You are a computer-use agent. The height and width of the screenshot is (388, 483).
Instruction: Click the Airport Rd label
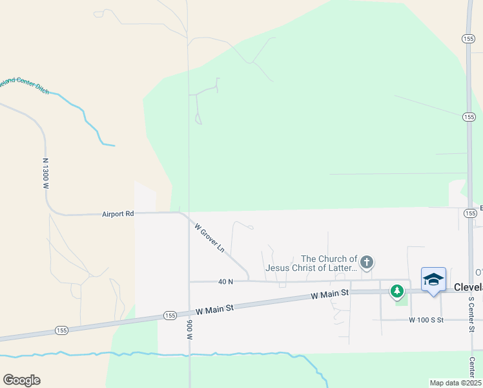coord(118,213)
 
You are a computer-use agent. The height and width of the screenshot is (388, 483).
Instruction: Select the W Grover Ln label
coord(209,237)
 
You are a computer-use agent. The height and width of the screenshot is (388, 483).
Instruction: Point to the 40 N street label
coord(225,281)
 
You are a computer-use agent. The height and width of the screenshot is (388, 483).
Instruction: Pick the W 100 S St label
coord(426,320)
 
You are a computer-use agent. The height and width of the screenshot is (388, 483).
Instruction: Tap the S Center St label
coord(471,315)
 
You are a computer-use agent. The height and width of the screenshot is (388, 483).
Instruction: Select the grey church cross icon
coord(367,262)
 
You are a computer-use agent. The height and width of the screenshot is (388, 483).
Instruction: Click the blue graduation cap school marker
coord(433,280)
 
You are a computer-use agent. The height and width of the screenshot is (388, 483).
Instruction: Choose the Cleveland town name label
coord(468,287)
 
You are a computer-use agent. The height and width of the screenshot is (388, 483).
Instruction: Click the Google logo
coord(21,380)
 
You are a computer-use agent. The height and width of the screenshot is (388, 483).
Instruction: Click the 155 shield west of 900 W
coord(170,315)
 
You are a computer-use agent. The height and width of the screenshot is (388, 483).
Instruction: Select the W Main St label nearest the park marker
coord(330,294)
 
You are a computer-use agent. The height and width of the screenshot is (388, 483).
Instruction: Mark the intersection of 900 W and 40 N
coord(189,281)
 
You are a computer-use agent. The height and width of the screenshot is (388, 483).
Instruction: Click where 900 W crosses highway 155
coord(189,313)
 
